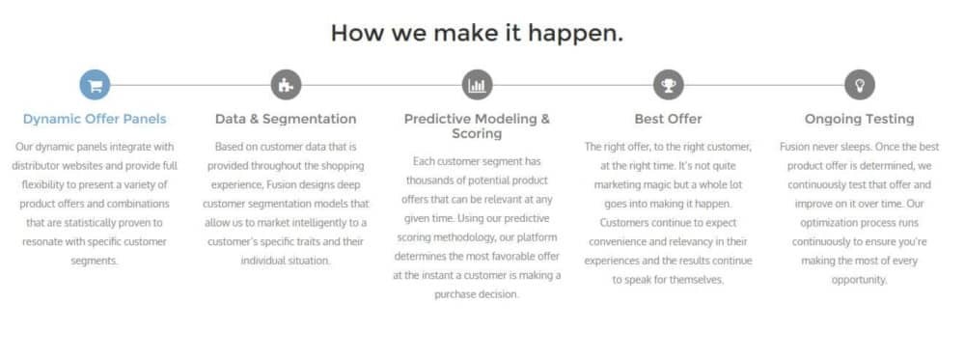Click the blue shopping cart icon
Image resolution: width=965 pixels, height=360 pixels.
coord(95,85)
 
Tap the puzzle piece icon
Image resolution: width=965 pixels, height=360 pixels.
coord(287,85)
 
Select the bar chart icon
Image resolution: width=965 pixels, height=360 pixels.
coord(477,85)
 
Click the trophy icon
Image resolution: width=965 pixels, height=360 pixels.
coord(669,85)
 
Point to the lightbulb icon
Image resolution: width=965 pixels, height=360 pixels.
coord(860,85)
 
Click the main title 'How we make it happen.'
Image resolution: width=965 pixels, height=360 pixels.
coord(477,33)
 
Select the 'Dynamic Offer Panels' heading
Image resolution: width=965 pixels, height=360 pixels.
coord(95,119)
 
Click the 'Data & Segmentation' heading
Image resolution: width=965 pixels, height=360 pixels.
coord(287,119)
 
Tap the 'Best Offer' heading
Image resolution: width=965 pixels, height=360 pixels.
coord(669,119)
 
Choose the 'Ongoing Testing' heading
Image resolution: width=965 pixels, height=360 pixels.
coord(860,119)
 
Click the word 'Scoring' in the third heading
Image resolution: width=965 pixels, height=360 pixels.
coord(477,133)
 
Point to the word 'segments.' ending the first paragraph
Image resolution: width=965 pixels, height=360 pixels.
coord(95,261)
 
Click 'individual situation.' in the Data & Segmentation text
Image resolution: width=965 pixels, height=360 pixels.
coord(286,261)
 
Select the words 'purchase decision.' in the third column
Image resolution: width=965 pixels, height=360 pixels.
coord(477,294)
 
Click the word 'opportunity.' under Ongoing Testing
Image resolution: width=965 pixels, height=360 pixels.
coord(860,280)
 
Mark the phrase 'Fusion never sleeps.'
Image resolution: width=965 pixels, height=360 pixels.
coord(825,147)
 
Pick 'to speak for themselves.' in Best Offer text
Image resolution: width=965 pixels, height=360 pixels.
coord(669,280)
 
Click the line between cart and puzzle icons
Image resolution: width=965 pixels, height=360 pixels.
coord(191,85)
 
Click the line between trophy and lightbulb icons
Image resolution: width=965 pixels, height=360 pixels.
coord(764,85)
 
